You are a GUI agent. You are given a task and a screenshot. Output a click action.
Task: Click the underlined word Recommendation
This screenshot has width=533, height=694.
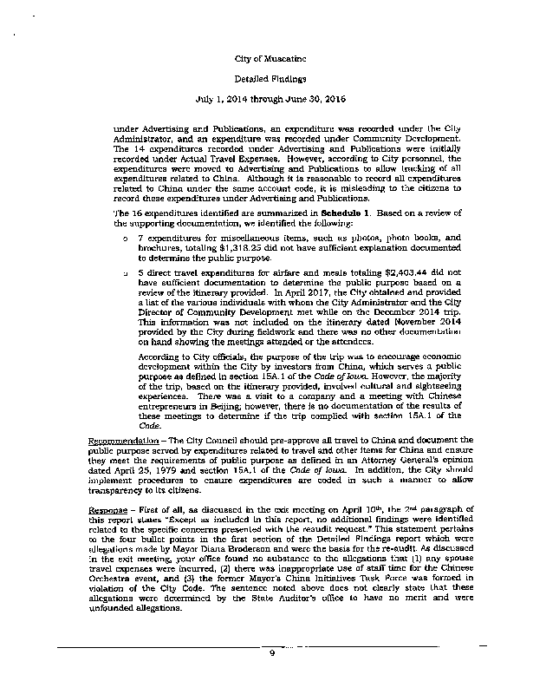[123, 442]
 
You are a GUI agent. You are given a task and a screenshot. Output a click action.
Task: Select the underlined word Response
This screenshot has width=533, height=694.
[109, 507]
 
